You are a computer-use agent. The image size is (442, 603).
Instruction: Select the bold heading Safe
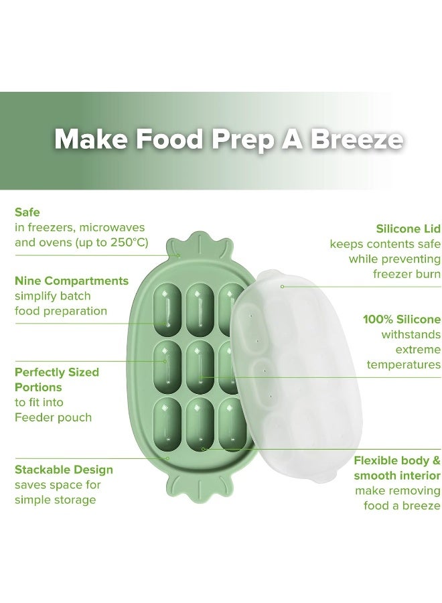(27, 212)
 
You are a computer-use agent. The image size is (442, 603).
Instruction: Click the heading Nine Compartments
(72, 280)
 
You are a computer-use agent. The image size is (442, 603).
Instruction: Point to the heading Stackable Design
(64, 470)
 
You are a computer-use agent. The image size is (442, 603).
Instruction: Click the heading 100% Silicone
(402, 319)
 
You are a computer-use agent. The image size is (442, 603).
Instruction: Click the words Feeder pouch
(53, 417)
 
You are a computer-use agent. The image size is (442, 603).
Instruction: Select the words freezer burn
(407, 274)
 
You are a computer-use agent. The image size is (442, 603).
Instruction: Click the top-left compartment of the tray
(168, 307)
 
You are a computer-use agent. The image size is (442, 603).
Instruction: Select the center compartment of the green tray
(200, 366)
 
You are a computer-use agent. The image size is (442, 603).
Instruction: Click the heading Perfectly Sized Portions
(57, 379)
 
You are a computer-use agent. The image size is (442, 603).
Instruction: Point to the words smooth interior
(397, 476)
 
